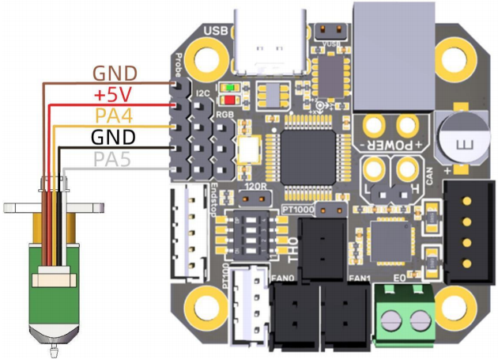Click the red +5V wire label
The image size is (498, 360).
(112, 95)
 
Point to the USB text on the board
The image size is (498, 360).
(216, 30)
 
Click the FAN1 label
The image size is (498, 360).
(360, 278)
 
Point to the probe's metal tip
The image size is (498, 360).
(54, 345)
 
